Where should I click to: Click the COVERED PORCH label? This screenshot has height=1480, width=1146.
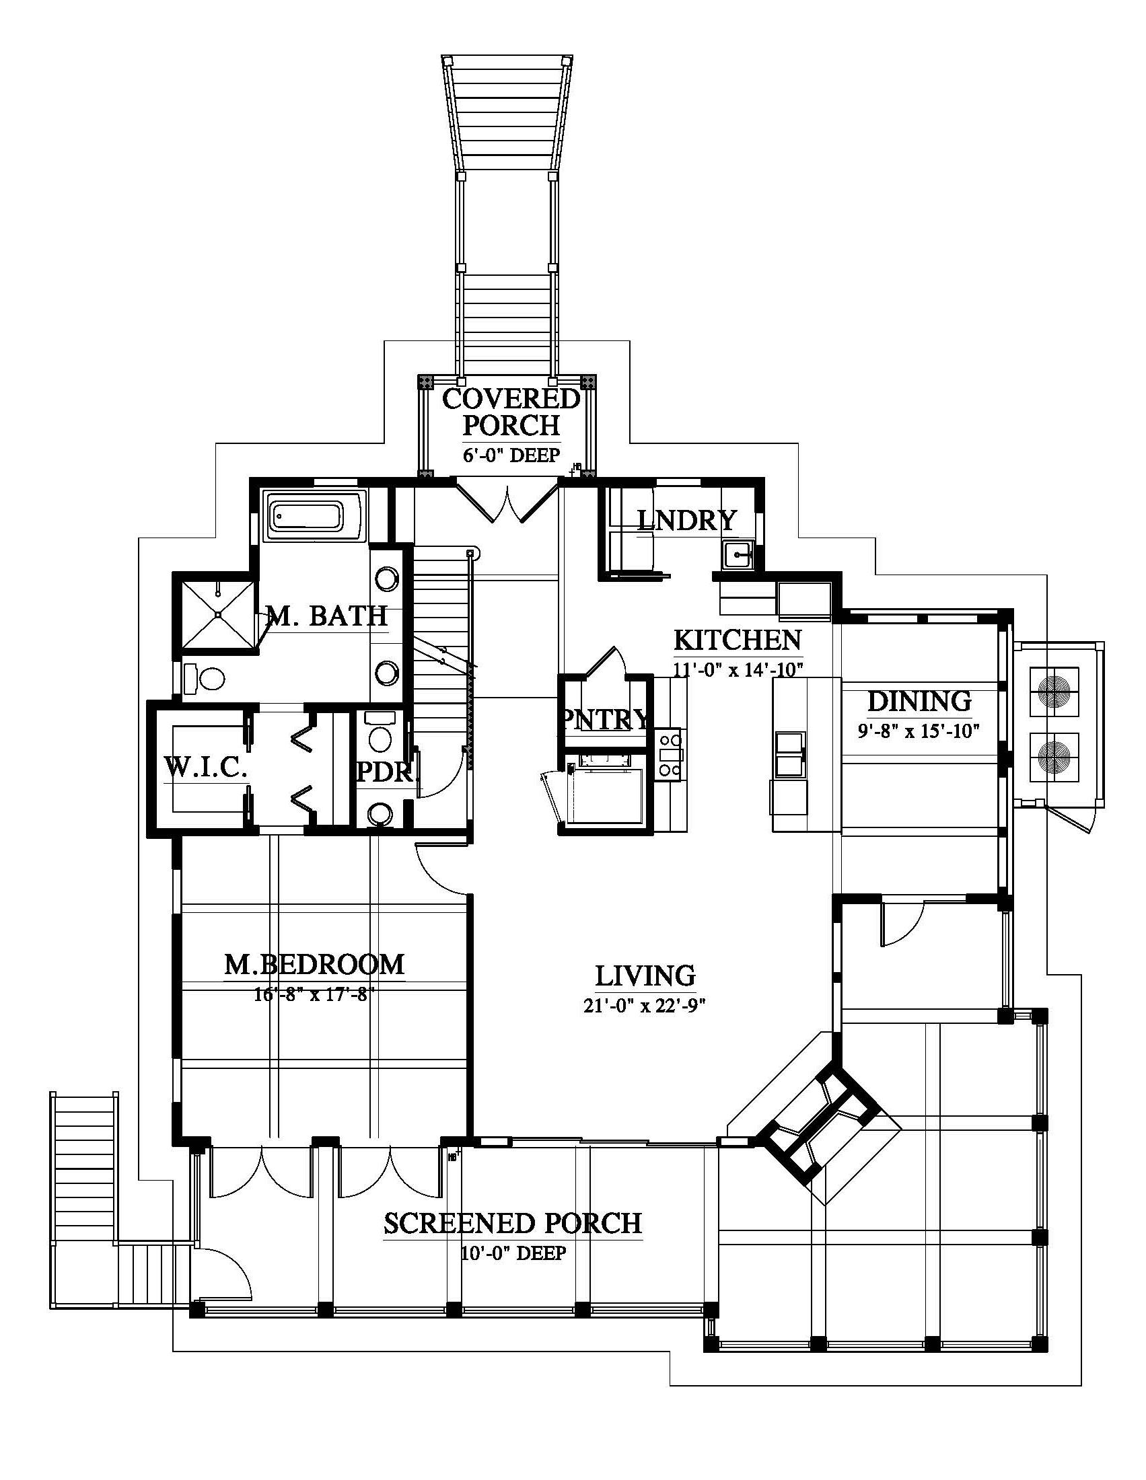511,411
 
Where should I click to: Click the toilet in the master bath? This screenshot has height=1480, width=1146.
206,678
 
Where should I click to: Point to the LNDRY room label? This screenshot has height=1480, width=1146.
686,521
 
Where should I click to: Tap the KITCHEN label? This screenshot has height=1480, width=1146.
738,640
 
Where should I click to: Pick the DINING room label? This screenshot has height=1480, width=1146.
919,702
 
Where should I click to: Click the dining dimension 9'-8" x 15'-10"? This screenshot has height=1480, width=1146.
919,732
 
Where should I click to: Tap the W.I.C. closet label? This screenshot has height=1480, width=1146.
205,768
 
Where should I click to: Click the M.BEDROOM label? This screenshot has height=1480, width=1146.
314,964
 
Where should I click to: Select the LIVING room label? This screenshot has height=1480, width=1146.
645,976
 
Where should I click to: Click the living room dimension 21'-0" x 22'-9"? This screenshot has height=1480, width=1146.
645,1006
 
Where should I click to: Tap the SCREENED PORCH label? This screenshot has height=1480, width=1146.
512,1223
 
